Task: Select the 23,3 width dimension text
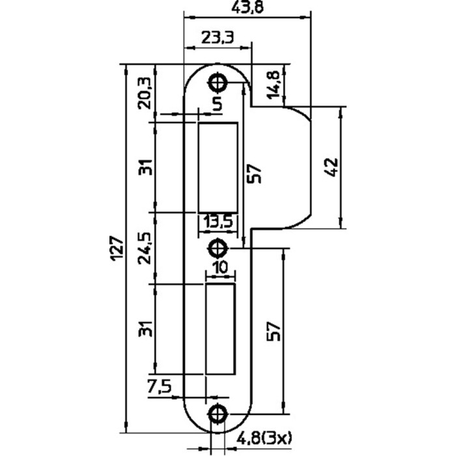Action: [x=218, y=37]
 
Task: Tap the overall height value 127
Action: [x=118, y=249]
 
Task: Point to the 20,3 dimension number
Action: [x=145, y=93]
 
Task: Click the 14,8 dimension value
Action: [x=273, y=84]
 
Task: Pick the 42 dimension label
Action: [x=332, y=167]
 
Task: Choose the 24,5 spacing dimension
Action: [x=145, y=248]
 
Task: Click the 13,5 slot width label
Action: [x=218, y=222]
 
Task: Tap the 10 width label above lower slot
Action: [x=221, y=268]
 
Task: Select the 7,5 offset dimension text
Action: [x=160, y=387]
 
